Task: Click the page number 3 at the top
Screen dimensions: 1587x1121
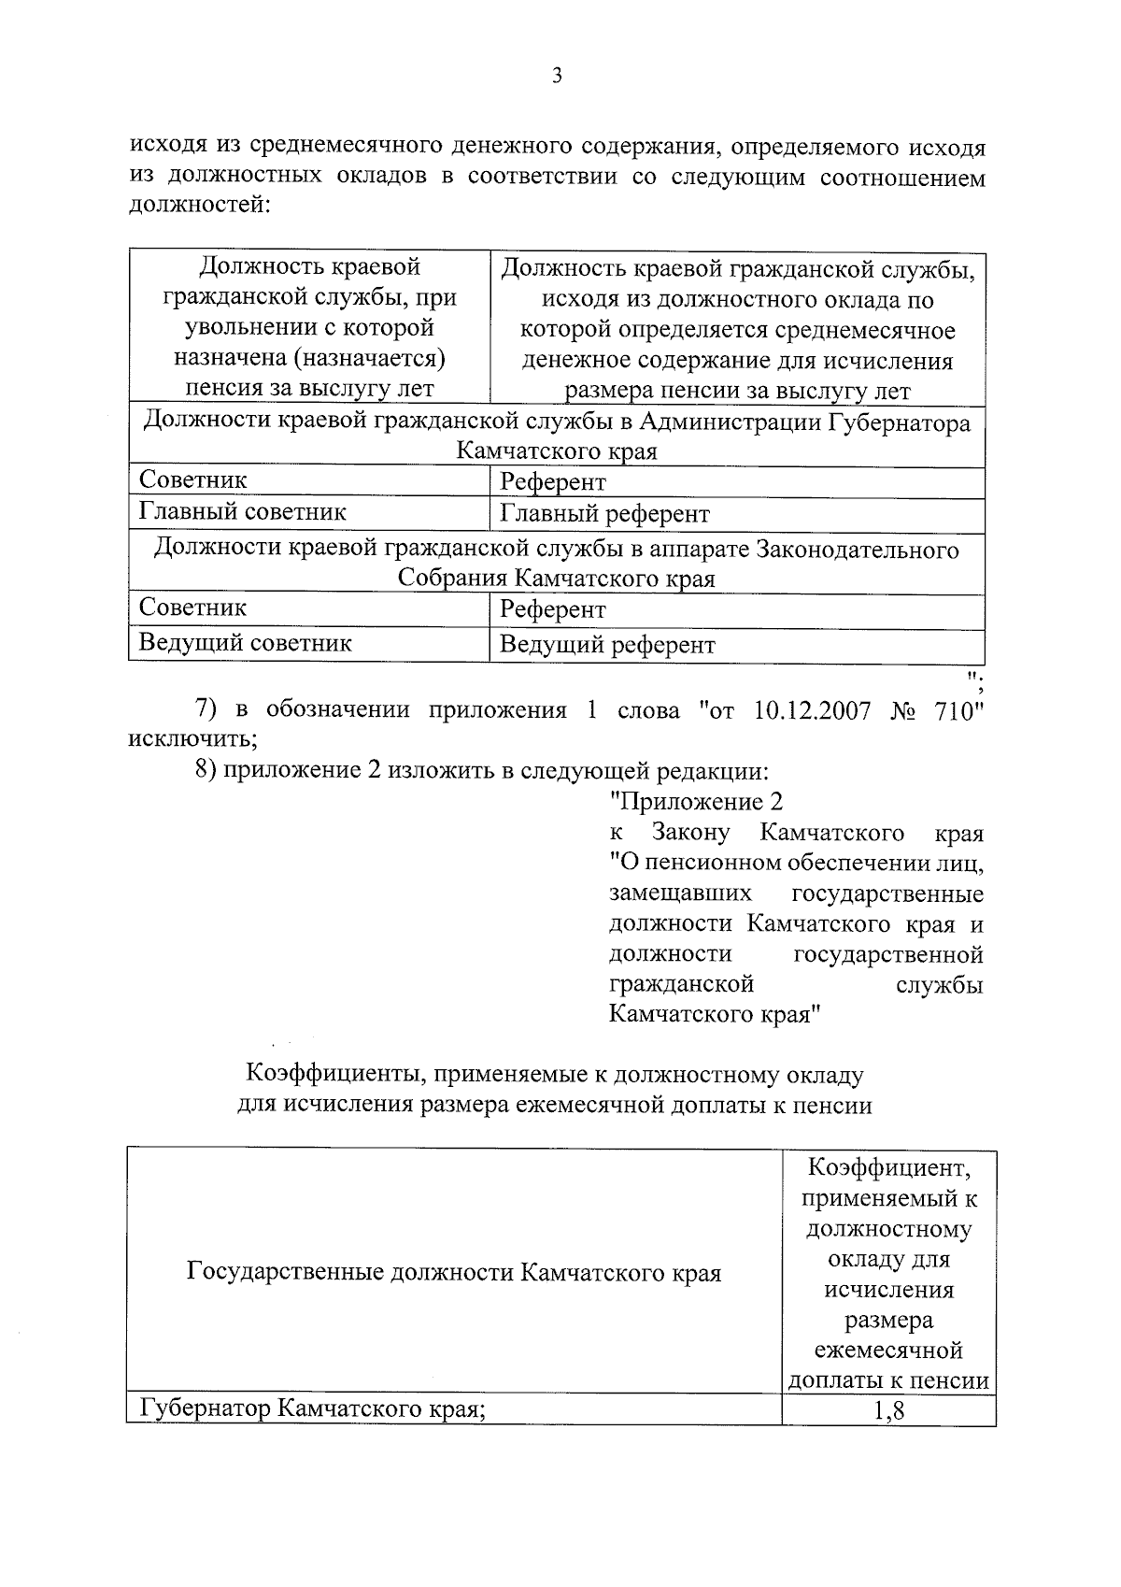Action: [557, 77]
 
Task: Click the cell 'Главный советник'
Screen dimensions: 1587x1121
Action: [243, 512]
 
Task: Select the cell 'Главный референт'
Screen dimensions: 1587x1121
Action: [604, 514]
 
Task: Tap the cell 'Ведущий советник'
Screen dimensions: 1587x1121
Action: [246, 643]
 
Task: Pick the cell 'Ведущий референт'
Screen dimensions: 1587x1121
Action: [607, 645]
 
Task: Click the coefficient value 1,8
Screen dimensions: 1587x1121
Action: [888, 1410]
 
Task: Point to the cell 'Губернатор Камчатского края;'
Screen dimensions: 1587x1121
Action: [312, 1408]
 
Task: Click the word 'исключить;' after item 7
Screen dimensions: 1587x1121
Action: [192, 739]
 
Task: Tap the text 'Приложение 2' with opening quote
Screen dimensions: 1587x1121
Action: [695, 802]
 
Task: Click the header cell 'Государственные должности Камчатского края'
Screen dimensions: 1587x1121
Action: [454, 1273]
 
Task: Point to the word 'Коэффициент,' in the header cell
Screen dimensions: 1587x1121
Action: [888, 1167]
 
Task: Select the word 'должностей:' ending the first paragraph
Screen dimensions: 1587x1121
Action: [199, 205]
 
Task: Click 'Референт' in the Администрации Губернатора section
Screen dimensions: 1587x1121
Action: [553, 482]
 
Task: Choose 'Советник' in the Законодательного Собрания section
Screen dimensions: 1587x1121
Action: [193, 608]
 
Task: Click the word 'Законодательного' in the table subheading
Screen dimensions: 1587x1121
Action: [857, 550]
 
